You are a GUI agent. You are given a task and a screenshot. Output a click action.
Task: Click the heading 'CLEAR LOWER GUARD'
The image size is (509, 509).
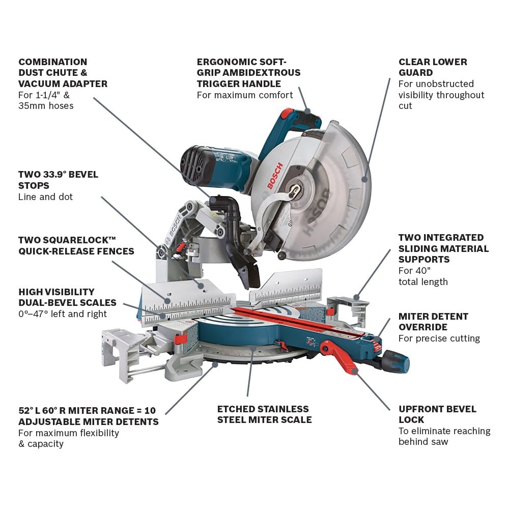click(x=433, y=67)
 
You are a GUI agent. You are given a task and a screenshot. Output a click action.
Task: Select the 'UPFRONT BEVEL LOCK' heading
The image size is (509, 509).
click(x=437, y=414)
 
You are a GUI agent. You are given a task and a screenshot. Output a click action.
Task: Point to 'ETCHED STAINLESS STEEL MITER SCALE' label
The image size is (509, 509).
click(x=264, y=414)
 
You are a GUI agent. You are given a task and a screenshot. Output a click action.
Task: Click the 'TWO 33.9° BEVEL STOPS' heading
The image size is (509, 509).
click(x=58, y=180)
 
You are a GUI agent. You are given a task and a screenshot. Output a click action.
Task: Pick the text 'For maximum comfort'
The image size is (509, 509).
click(x=245, y=95)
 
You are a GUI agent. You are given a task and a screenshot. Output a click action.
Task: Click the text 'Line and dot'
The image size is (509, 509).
click(x=45, y=197)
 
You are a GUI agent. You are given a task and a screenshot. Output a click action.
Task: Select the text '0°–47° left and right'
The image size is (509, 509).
click(x=63, y=314)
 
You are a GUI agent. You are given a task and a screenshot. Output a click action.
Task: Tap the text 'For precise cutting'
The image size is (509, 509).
click(x=439, y=338)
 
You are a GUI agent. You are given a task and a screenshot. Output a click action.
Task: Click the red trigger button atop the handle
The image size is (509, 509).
click(x=288, y=114)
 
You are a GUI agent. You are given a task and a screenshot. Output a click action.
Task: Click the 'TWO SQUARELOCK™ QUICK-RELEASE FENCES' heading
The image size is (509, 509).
click(x=76, y=245)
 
